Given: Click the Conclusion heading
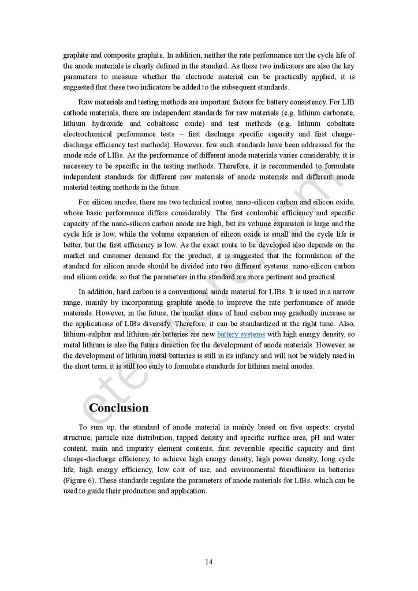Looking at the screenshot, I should pyautogui.click(x=118, y=408).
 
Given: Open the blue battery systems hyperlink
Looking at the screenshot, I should pyautogui.click(x=241, y=334).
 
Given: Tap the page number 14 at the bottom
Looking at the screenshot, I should pyautogui.click(x=208, y=562).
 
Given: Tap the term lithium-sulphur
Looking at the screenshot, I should pyautogui.click(x=87, y=334).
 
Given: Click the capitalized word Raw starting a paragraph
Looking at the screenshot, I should pyautogui.click(x=87, y=102).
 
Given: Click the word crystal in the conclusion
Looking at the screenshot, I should pyautogui.click(x=344, y=427).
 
